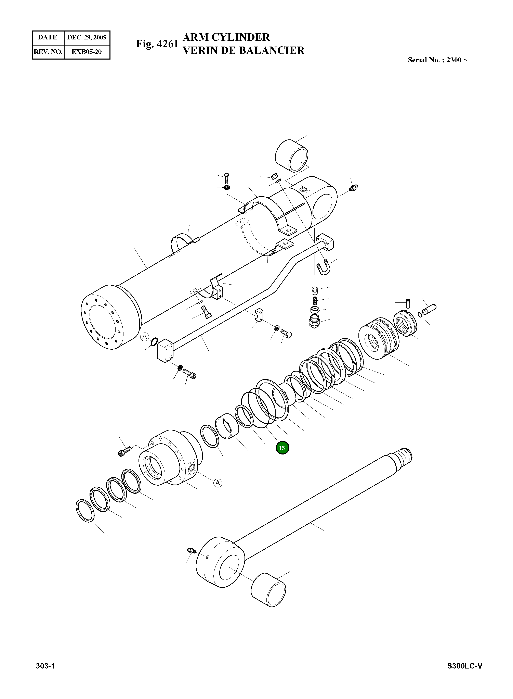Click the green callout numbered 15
pos(282,448)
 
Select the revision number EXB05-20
pos(87,52)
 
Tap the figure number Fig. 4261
pos(157,44)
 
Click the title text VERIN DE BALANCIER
pos(244,50)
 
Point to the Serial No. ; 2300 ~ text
pos(437,60)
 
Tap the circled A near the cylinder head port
pos(218,483)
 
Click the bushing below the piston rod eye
pos(268,590)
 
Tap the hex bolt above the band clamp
pos(226,178)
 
